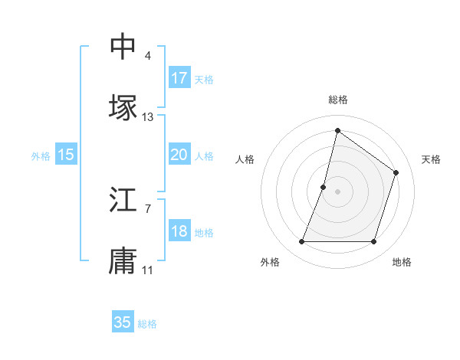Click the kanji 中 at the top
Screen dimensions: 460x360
123,47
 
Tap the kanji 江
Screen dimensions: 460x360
123,201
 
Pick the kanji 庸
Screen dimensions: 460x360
123,260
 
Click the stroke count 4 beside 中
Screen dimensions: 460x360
148,56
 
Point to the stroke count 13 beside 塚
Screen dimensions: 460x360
148,117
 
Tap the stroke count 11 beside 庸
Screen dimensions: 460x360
148,270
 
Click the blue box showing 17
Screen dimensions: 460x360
179,78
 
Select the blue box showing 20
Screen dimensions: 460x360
179,155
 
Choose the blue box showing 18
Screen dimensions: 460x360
179,231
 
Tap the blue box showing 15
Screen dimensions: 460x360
66,155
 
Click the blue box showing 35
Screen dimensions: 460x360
123,322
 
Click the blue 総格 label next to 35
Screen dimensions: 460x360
147,324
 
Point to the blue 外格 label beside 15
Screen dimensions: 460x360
41,156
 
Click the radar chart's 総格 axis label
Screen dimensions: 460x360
338,100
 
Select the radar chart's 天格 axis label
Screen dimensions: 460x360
431,159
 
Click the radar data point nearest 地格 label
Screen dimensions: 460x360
374,242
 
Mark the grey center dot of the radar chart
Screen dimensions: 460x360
338,191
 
